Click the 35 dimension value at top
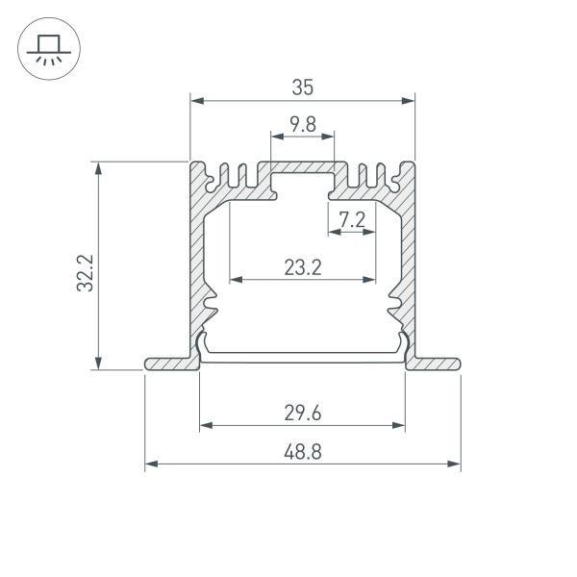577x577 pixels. pos(302,88)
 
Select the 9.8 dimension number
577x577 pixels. pos(302,124)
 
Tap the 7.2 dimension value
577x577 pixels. pos(352,220)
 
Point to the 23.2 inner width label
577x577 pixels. pos(302,268)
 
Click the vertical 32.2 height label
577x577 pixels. pos(84,272)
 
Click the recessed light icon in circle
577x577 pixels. pos(46,48)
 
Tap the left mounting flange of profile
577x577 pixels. pos(168,364)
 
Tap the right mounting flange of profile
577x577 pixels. pos(436,364)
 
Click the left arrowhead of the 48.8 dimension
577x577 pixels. pos(150,464)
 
